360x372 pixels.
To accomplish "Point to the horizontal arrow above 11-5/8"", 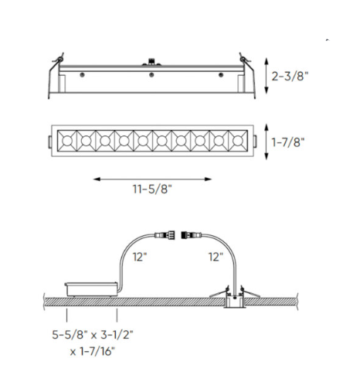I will (x=151, y=179).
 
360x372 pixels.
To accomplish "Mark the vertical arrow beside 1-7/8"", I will (x=266, y=142).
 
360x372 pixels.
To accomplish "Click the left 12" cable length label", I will (x=140, y=255).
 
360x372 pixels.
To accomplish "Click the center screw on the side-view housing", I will (x=152, y=75).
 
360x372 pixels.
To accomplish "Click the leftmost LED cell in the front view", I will (x=67, y=142).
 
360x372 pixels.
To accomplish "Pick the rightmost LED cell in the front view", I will (x=237, y=142).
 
